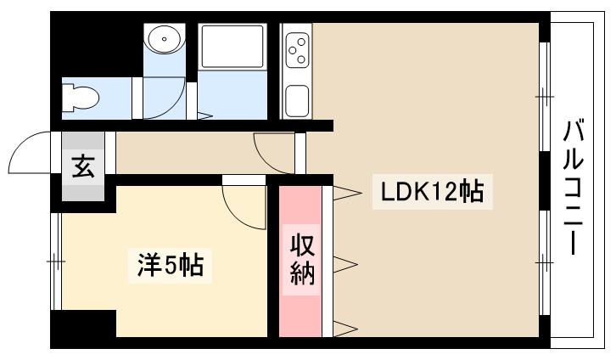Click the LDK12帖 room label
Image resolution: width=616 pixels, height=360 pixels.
[x=432, y=191]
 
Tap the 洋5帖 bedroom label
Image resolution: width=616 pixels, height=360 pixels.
[x=170, y=266]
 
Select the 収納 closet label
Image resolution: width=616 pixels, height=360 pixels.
[x=303, y=260]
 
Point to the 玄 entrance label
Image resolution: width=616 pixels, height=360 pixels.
[x=83, y=166]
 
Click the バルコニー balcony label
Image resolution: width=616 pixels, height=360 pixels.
[x=574, y=188]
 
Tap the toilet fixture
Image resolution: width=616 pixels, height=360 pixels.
[x=80, y=97]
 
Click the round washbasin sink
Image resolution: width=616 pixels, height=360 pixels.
[x=165, y=39]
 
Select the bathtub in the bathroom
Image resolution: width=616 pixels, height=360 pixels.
[x=232, y=47]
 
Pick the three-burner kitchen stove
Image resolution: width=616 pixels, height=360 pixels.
[x=297, y=50]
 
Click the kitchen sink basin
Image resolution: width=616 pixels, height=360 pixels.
[x=297, y=101]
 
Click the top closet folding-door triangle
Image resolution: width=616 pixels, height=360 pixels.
[x=347, y=193]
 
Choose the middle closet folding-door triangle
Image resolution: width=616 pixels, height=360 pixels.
[x=345, y=264]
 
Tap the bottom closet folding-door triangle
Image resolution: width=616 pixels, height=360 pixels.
[x=345, y=329]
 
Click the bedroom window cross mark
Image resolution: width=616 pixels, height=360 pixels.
[x=56, y=262]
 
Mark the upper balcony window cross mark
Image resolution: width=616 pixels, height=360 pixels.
[x=545, y=96]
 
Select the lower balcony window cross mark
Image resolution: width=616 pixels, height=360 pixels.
[x=545, y=262]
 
